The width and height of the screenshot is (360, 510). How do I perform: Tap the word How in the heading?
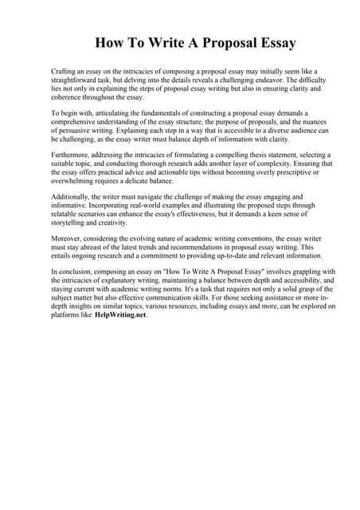[x=112, y=42]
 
